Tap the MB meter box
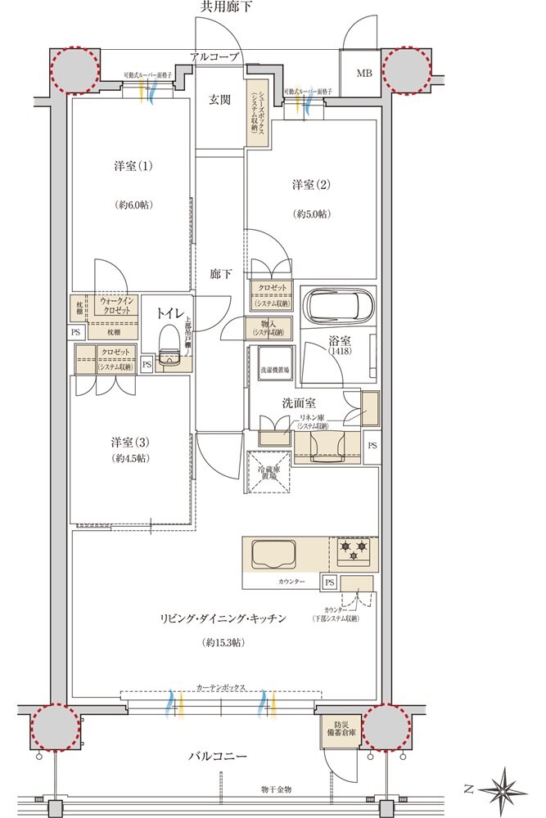click(363, 73)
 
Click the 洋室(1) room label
click(130, 166)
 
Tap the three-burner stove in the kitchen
click(353, 549)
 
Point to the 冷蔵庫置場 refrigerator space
click(267, 472)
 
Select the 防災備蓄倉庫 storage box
click(337, 730)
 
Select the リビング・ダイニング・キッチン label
click(222, 619)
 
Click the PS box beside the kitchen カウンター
click(329, 582)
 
